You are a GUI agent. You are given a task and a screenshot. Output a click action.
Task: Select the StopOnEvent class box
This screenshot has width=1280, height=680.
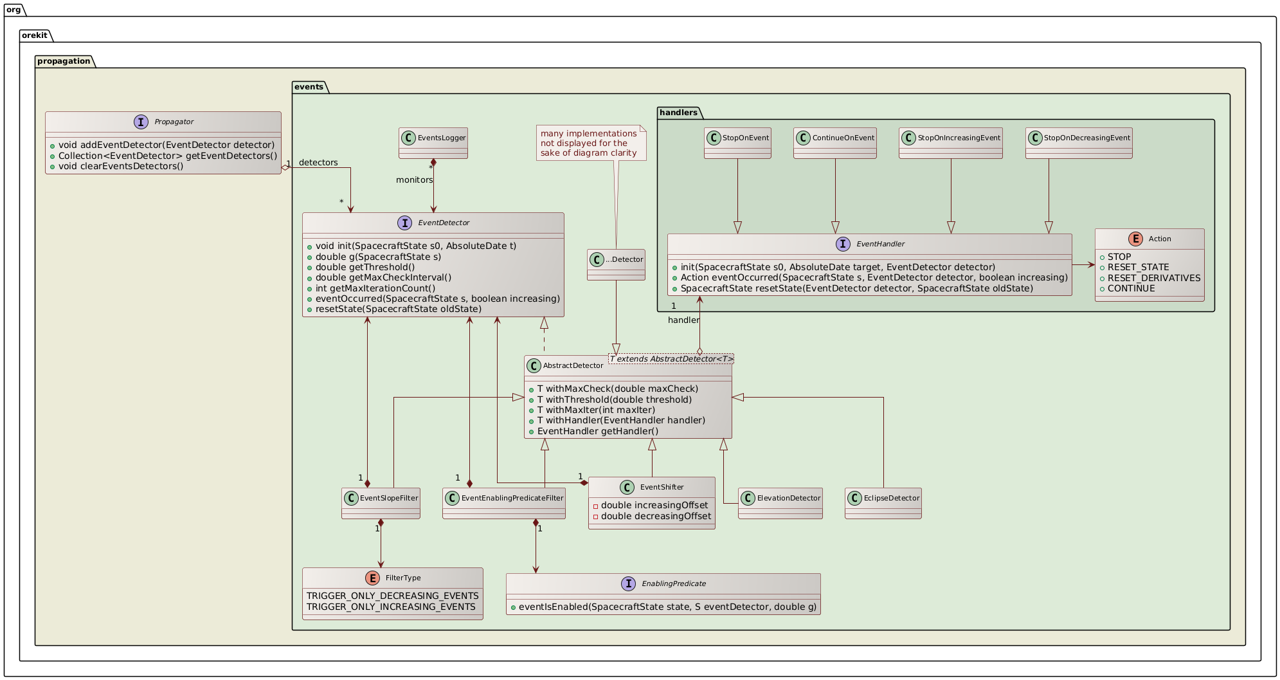[x=737, y=142]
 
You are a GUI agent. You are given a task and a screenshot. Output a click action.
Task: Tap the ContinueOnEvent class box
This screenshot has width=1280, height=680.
[x=834, y=142]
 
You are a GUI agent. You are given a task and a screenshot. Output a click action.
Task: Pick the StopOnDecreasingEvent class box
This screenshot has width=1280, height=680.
[x=1078, y=142]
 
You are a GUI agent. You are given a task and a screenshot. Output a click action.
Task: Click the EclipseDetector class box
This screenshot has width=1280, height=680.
[x=883, y=502]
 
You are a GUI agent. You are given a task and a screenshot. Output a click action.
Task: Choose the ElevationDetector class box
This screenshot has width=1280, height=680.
[x=780, y=502]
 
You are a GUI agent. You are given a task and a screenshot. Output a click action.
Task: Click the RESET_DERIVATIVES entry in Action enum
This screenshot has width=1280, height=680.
[x=1153, y=278]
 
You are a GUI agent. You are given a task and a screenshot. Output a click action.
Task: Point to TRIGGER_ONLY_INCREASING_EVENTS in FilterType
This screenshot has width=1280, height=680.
[x=391, y=607]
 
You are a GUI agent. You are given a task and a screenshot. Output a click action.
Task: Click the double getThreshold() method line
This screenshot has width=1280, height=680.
[x=365, y=267]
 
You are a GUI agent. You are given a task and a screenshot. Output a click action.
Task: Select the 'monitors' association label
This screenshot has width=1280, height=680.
[x=414, y=179]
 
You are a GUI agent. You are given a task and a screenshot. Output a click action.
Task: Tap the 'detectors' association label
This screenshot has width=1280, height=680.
[x=318, y=162]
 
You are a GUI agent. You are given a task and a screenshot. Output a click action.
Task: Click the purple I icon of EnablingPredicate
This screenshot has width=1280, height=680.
[x=627, y=584]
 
